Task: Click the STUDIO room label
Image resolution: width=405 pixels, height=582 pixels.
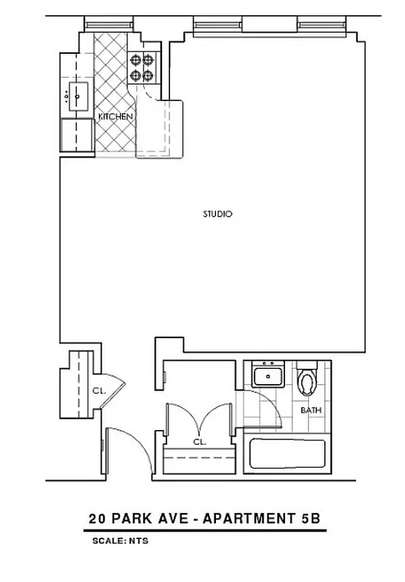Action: tap(217, 215)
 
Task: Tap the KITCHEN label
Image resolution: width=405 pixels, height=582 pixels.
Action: tap(116, 116)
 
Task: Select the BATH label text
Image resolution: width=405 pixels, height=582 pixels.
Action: tap(311, 410)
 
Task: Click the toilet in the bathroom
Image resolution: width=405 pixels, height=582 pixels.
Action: tap(308, 379)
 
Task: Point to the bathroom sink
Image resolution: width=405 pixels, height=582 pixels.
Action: tap(268, 376)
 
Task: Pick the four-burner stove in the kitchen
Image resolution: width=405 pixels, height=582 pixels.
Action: tap(142, 68)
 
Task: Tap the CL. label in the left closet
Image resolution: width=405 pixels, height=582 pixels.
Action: tap(99, 391)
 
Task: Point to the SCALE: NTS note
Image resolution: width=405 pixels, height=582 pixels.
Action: tap(120, 541)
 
